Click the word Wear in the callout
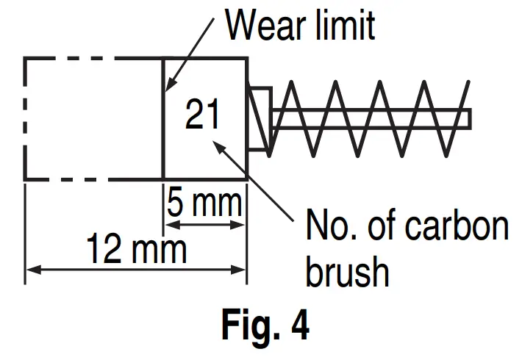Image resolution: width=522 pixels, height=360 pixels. pyautogui.click(x=262, y=25)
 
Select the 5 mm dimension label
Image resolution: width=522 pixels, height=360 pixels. pyautogui.click(x=204, y=202)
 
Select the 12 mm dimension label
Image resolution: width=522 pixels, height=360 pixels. pyautogui.click(x=136, y=250)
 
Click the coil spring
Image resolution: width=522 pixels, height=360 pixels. pyautogui.click(x=368, y=118)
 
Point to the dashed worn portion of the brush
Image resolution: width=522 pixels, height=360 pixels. pyautogui.click(x=94, y=118)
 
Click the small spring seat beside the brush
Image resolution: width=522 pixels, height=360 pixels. pyautogui.click(x=260, y=118)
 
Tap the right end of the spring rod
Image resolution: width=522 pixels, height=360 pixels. pyautogui.click(x=468, y=118)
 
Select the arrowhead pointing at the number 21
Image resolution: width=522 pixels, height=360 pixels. pyautogui.click(x=218, y=143)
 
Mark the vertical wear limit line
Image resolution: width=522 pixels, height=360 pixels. pyautogui.click(x=162, y=147)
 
